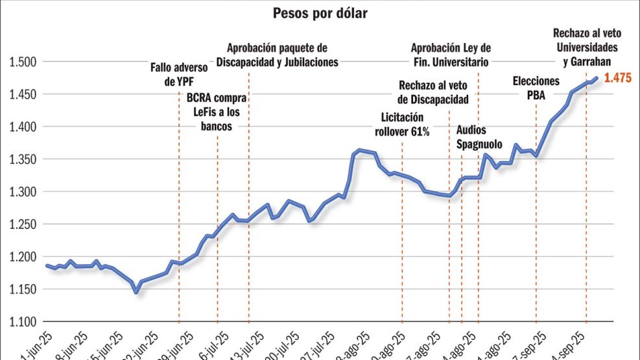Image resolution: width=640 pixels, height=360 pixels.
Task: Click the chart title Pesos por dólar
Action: click(320, 13)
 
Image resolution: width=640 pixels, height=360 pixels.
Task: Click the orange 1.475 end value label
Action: click(617, 78)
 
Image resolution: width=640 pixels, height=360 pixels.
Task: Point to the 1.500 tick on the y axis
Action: click(22, 62)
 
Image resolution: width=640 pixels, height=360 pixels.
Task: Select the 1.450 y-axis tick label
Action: click(22, 94)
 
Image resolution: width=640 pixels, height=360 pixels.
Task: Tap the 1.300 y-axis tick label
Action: click(22, 192)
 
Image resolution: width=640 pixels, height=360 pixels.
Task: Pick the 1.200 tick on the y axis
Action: click(22, 257)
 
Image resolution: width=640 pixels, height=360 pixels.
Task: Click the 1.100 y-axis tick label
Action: click(22, 322)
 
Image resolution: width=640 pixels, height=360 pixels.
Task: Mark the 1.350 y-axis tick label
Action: click(22, 160)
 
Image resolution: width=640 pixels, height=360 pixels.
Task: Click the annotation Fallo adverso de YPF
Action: click(178, 74)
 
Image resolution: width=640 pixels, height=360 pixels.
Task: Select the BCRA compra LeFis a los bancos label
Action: click(217, 112)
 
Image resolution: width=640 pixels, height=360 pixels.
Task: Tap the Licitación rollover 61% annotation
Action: click(402, 124)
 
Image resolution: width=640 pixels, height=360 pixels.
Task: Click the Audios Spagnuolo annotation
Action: click(471, 136)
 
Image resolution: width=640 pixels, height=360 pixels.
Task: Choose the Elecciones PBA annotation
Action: click(536, 88)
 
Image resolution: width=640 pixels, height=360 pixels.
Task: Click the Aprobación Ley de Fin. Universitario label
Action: click(451, 55)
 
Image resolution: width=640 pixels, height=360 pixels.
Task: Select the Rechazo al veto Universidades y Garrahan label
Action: click(586, 47)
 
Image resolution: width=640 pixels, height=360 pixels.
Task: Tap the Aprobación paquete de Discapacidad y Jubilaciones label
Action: click(278, 55)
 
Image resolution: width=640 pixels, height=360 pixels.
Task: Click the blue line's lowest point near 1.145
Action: click(136, 292)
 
